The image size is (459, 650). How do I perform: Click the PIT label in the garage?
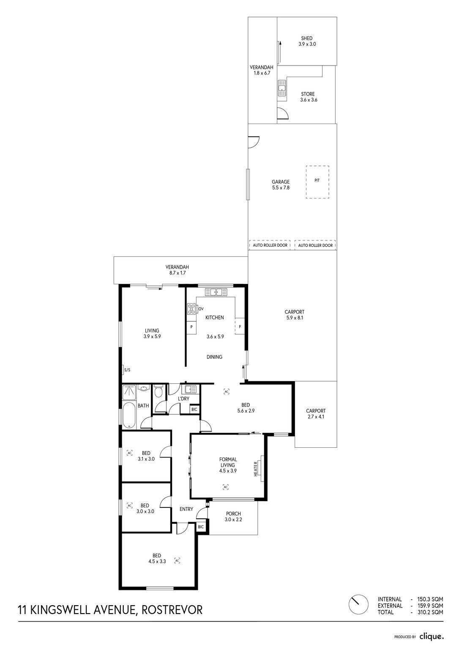pos(317,180)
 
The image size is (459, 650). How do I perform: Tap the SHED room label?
pos(306,38)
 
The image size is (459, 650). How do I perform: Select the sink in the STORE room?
pos(282,88)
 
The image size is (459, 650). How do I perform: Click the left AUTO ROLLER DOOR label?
pos(270,245)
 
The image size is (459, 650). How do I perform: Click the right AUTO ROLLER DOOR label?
pos(315,245)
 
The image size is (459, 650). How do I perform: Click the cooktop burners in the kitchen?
pos(191,309)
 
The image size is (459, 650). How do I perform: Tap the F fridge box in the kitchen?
pos(240,326)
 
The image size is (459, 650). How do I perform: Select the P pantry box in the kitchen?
pos(191,327)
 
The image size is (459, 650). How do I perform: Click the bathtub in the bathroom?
pos(128,415)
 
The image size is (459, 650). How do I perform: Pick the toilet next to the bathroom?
pos(158,391)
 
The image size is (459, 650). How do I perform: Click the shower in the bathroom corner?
pos(129,393)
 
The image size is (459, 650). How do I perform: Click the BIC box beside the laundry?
pos(194,410)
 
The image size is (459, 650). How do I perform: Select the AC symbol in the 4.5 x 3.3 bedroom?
pos(178,560)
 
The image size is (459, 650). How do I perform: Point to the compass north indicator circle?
pos(358,605)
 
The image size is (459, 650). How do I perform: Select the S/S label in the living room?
pos(127,370)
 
